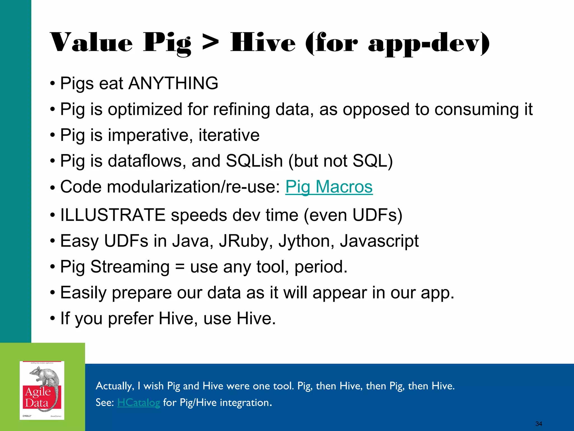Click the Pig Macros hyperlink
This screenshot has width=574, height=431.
click(329, 187)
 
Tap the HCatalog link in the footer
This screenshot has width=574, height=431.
click(138, 403)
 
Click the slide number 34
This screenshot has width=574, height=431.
click(538, 424)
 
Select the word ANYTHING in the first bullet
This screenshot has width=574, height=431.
click(173, 83)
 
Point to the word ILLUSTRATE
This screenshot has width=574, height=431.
click(113, 215)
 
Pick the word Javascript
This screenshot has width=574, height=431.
click(379, 241)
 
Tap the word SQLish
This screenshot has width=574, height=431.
click(254, 161)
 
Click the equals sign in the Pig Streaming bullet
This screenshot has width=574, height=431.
click(180, 267)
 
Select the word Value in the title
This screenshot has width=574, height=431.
click(91, 43)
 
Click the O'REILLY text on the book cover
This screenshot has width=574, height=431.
click(27, 416)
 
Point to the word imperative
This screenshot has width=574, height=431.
click(150, 135)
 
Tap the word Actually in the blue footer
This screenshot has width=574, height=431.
click(115, 386)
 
